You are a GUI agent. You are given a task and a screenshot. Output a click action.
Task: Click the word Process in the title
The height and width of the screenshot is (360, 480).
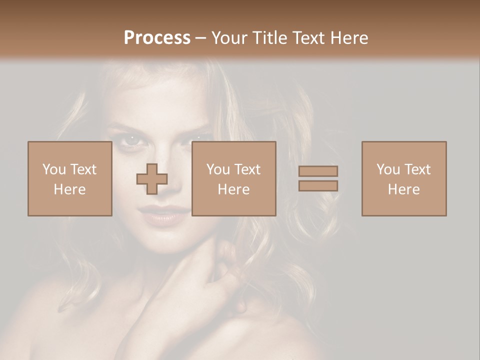tap(157, 37)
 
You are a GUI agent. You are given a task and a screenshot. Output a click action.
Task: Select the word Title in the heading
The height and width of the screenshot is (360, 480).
tap(270, 37)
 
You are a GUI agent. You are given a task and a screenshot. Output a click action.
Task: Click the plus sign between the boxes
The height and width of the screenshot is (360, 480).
tap(152, 179)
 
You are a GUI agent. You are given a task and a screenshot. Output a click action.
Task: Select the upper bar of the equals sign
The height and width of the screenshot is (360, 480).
tap(318, 171)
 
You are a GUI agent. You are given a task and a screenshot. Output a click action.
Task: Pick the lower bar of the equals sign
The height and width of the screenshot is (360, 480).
tap(318, 186)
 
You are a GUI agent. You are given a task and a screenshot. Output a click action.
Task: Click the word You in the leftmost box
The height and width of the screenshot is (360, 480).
tap(54, 169)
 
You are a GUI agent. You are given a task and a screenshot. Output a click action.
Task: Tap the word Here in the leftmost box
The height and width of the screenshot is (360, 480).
tap(69, 189)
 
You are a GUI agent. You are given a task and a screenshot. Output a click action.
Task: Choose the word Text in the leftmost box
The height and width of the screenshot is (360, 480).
tap(83, 169)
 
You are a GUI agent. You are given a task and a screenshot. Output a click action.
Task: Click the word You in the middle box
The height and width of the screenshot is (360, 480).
tap(218, 169)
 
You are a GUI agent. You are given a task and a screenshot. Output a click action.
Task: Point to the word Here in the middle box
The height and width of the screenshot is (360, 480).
tap(233, 189)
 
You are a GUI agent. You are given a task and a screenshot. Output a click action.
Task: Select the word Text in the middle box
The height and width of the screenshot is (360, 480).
tap(247, 169)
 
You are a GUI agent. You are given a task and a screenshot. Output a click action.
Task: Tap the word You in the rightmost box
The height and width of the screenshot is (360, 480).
tap(388, 169)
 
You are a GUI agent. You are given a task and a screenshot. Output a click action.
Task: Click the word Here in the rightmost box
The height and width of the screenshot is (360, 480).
tap(403, 189)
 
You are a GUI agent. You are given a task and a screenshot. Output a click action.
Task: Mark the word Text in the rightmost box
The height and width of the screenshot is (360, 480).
tap(417, 169)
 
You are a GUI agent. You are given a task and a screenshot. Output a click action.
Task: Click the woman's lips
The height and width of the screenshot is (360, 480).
tap(159, 215)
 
